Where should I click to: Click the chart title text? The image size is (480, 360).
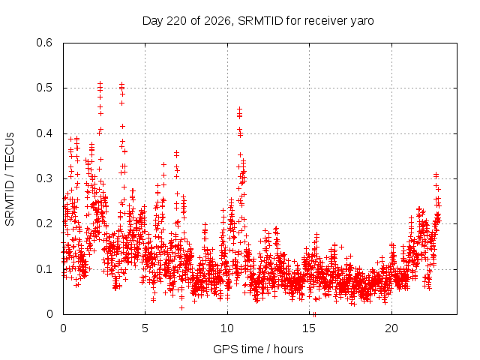click(x=258, y=21)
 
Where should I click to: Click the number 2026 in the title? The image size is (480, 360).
click(x=217, y=21)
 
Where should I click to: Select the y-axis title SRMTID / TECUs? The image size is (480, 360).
click(x=10, y=179)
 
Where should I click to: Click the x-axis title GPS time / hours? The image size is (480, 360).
click(x=258, y=349)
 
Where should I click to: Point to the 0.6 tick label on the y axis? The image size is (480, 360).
click(x=44, y=43)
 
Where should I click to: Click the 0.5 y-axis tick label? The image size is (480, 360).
click(x=44, y=88)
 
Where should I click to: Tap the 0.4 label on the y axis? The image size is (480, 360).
click(x=44, y=133)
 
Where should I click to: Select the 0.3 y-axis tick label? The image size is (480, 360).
click(x=44, y=178)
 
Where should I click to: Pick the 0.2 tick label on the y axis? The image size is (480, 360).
click(x=44, y=223)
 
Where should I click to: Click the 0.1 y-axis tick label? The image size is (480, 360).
click(x=44, y=269)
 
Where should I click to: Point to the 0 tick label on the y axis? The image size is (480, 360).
click(x=49, y=314)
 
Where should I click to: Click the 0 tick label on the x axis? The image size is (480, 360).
click(x=63, y=328)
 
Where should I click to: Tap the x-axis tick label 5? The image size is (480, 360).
click(x=145, y=328)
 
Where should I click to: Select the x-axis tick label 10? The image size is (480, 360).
click(x=227, y=328)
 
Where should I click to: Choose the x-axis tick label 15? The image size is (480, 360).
click(x=309, y=328)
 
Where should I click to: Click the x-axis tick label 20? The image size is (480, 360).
click(x=391, y=328)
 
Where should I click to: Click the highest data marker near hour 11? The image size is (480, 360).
click(x=240, y=109)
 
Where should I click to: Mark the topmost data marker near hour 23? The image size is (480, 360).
click(x=436, y=174)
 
